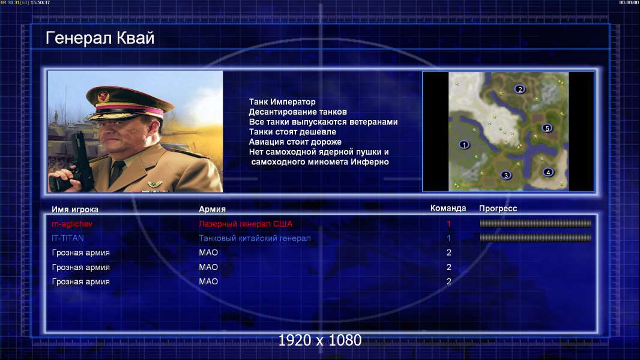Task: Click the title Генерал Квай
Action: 100,38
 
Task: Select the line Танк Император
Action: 282,102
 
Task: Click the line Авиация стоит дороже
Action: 295,142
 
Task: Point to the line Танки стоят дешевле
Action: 292,131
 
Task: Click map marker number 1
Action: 463,145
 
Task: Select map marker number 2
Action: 519,89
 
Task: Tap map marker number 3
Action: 506,175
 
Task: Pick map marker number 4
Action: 548,172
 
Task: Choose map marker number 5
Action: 547,128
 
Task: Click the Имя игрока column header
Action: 74,209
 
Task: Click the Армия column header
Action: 213,209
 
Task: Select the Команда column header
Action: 448,208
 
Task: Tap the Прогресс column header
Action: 498,208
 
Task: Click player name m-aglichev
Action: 72,224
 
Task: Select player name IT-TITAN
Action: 68,238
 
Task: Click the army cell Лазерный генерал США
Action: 246,224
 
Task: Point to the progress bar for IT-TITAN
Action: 536,238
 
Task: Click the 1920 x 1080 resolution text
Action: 320,340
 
